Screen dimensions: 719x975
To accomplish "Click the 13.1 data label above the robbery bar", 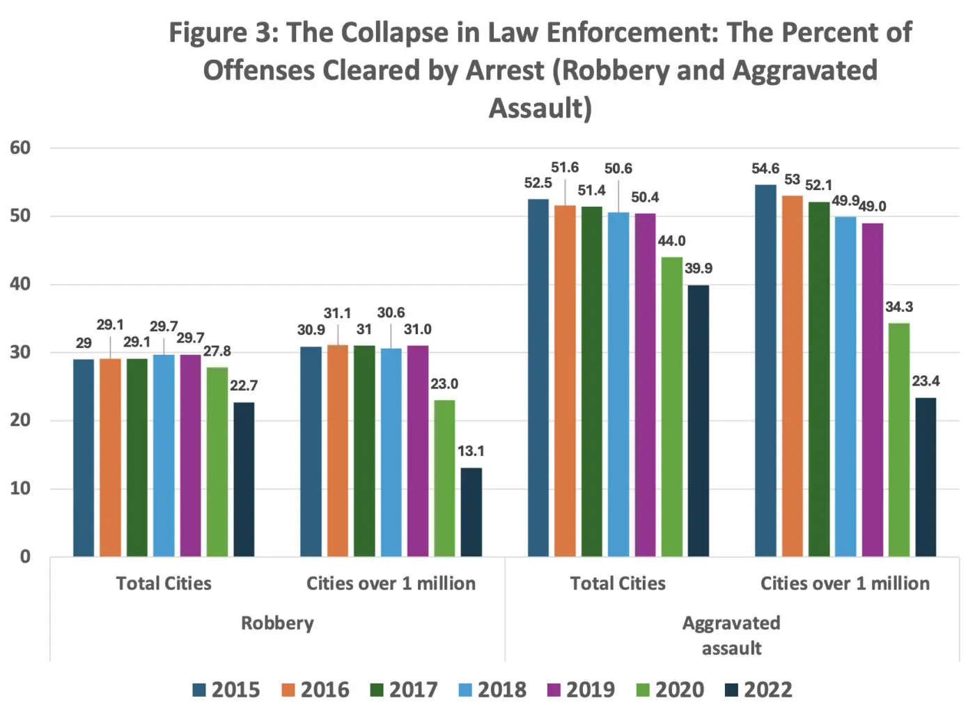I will click(x=471, y=451).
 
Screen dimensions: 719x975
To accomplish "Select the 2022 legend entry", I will click(x=758, y=690).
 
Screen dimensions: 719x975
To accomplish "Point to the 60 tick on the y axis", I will click(x=20, y=148).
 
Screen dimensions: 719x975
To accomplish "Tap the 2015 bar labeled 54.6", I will click(x=765, y=370).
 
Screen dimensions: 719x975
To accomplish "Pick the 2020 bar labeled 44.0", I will click(x=671, y=406).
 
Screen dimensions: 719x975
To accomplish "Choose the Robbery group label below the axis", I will click(x=277, y=623).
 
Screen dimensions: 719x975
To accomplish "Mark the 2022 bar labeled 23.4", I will click(x=926, y=477).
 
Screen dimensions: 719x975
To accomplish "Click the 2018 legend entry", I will click(x=492, y=690).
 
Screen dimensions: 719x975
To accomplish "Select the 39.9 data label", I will click(x=699, y=269).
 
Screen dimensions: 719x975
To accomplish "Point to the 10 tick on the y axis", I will click(x=20, y=489).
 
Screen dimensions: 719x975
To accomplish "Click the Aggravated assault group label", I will click(x=731, y=635).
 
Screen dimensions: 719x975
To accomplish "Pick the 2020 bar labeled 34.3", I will click(x=899, y=439).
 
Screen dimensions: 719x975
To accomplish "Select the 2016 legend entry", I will click(x=315, y=690).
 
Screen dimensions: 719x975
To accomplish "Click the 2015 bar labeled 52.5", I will click(x=538, y=377).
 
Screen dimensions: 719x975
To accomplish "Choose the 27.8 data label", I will click(x=217, y=351).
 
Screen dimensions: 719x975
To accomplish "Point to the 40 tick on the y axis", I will click(x=20, y=284).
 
